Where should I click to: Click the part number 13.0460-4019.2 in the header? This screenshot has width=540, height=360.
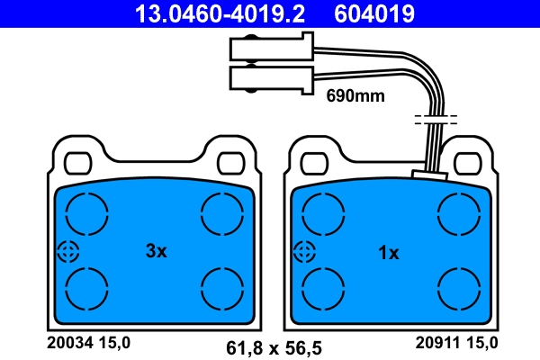point(220,13)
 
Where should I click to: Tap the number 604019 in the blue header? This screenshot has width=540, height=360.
point(374,13)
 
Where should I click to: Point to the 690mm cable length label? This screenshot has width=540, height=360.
point(355,95)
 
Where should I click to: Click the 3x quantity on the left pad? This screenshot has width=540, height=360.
point(156,251)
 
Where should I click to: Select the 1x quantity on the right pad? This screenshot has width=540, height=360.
point(389,253)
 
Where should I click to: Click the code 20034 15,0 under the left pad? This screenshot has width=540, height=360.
point(88,343)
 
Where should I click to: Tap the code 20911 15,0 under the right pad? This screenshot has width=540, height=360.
point(456,343)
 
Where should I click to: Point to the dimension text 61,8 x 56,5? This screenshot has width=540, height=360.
point(274,348)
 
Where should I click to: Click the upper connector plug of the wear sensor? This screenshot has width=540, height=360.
point(272,47)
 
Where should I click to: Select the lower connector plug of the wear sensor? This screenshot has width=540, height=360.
point(272,79)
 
